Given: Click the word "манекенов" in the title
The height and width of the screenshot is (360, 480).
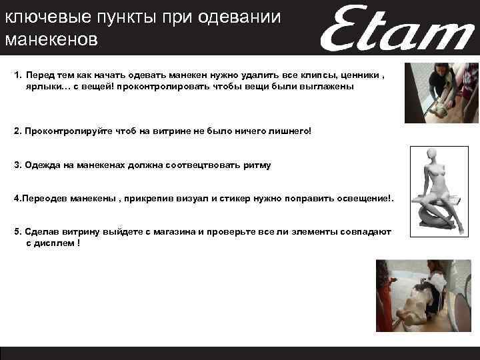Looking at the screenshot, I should pos(51,39).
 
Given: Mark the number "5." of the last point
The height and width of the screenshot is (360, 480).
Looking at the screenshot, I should pos(17,232).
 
